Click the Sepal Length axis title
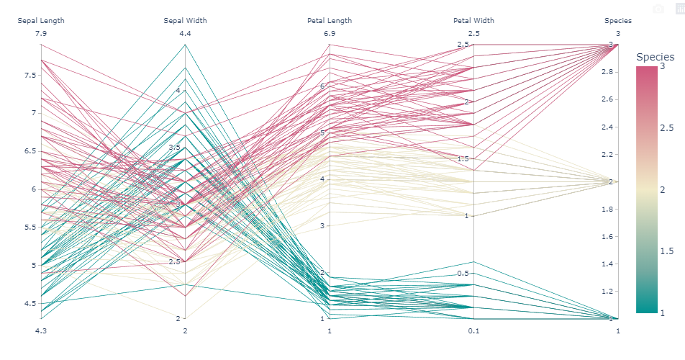click(x=41, y=21)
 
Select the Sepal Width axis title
click(x=185, y=21)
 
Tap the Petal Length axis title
click(x=330, y=21)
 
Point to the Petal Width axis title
click(x=473, y=21)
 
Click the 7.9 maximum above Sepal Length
click(x=41, y=33)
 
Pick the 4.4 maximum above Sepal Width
click(x=185, y=33)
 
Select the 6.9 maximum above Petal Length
click(x=330, y=33)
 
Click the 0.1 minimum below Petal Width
click(x=473, y=330)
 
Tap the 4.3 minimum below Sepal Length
click(x=41, y=330)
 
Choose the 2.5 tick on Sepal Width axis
click(x=175, y=261)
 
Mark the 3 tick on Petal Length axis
click(x=322, y=225)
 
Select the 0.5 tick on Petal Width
click(x=462, y=273)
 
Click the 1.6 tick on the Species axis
click(x=607, y=236)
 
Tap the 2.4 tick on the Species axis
click(x=607, y=127)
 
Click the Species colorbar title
click(x=655, y=57)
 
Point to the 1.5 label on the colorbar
click(x=667, y=251)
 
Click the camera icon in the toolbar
click(x=658, y=9)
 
